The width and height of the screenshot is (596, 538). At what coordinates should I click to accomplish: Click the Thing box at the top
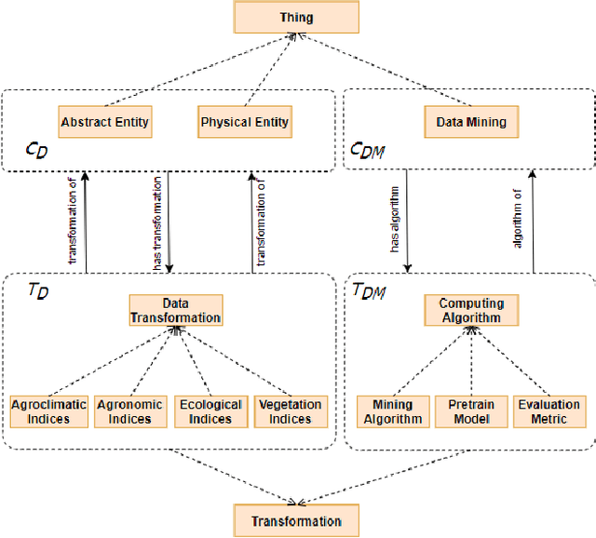tap(296, 17)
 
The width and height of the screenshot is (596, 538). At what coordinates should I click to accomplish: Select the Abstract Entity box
tap(104, 122)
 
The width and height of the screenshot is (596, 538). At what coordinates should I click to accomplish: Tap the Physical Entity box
tap(244, 122)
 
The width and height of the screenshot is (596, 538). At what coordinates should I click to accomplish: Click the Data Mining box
tap(471, 122)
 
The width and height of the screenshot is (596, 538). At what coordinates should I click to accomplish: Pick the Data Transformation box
tap(176, 311)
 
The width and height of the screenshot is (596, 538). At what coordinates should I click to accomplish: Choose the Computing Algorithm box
tap(471, 311)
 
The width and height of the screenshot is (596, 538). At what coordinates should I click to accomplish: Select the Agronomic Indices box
tap(129, 411)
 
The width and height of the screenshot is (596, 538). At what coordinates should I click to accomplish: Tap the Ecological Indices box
tap(210, 411)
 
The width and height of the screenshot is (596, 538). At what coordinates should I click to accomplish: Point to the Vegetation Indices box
tap(291, 411)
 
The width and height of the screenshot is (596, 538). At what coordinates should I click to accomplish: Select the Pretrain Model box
tap(471, 411)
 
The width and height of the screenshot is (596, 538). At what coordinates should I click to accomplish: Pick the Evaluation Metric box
tap(549, 411)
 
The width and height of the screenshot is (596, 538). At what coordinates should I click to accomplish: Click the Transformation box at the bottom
tap(296, 520)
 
